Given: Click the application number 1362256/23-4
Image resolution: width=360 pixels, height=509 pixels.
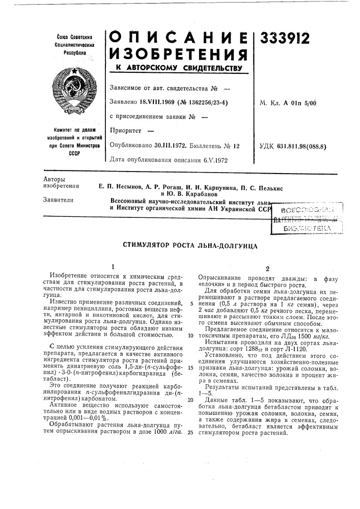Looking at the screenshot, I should [x=202, y=102].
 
